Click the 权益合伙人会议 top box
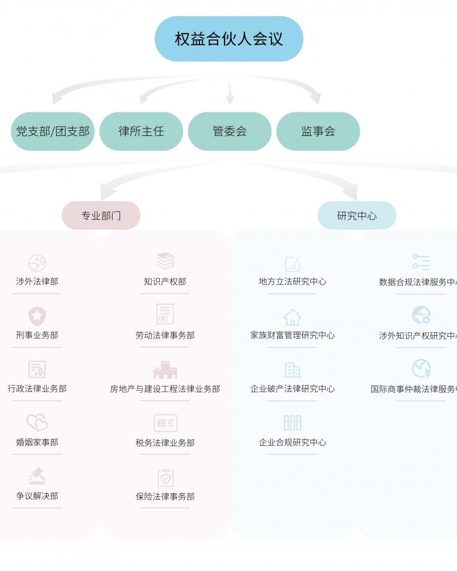click(x=228, y=39)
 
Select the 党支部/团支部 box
click(x=53, y=131)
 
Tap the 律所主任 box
click(x=141, y=131)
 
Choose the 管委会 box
click(x=230, y=131)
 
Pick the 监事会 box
click(x=318, y=131)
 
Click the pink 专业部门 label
click(x=101, y=216)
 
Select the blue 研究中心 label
click(x=357, y=216)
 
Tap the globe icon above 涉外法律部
click(x=37, y=263)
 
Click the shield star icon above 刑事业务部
click(x=37, y=316)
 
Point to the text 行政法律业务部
click(x=37, y=389)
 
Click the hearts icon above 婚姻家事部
click(x=37, y=423)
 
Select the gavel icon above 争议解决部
click(x=37, y=476)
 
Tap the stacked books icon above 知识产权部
click(x=165, y=261)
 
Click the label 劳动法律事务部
click(x=165, y=336)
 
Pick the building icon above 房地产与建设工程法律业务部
click(x=165, y=370)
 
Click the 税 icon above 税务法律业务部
click(x=165, y=423)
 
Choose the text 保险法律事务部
click(x=165, y=497)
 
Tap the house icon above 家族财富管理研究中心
click(x=292, y=316)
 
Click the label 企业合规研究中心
click(x=292, y=443)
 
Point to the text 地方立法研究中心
click(x=292, y=282)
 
